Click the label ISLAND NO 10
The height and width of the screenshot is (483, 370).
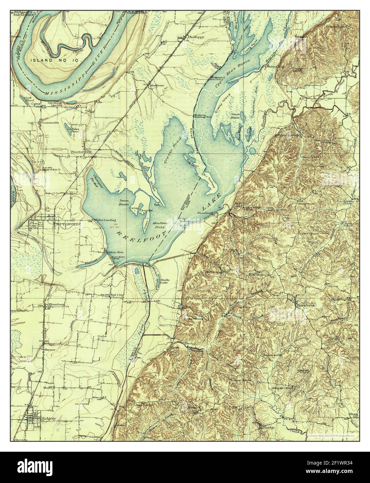56,60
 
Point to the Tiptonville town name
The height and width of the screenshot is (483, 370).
63,224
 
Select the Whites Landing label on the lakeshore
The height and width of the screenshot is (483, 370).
104,220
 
